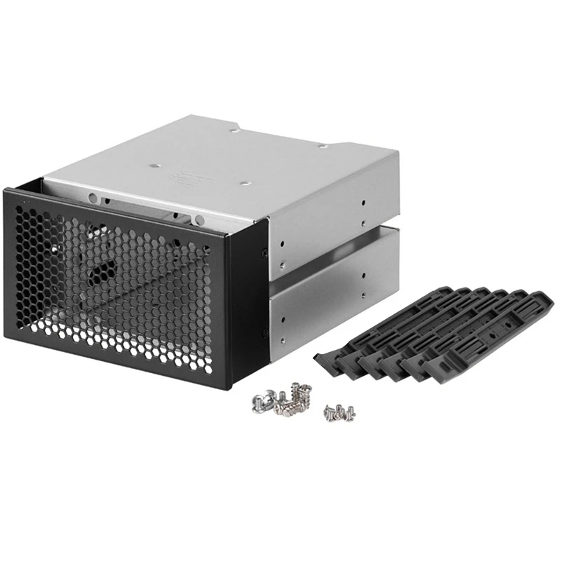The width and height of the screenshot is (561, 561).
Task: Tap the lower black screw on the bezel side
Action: click(264, 332)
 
